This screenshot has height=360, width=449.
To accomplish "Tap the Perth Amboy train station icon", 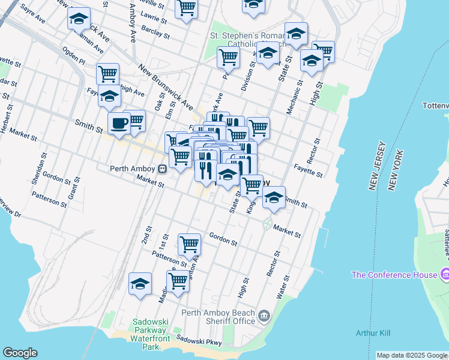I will [163, 169].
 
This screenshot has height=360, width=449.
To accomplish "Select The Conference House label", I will [394, 275].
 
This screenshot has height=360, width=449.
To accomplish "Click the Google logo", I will [20, 353].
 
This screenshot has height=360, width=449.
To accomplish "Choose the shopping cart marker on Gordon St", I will [189, 244].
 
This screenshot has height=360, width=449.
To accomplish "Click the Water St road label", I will [282, 287].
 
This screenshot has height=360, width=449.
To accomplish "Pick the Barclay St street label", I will [154, 31].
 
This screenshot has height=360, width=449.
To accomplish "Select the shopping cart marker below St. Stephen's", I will [228, 58].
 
